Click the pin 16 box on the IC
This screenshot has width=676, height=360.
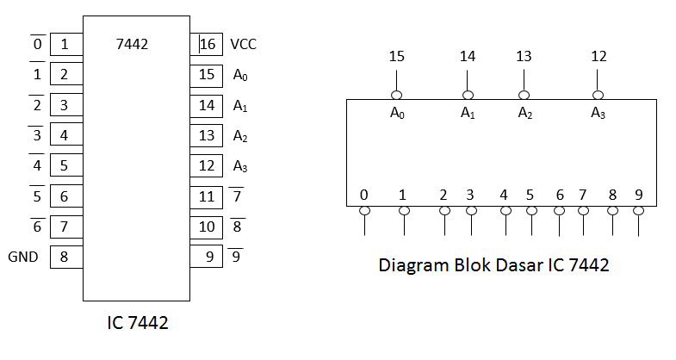click(x=208, y=44)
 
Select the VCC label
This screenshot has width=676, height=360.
click(x=244, y=44)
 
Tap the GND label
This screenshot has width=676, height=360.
click(x=23, y=257)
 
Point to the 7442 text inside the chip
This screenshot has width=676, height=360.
click(x=132, y=44)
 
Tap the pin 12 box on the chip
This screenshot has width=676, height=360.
click(x=208, y=165)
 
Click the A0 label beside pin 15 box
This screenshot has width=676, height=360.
click(x=240, y=75)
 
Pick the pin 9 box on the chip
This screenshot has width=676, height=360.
click(x=208, y=256)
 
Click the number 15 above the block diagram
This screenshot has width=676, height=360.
click(x=396, y=57)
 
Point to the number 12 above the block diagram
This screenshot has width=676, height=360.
click(x=598, y=57)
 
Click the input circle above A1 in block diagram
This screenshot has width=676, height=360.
click(x=468, y=96)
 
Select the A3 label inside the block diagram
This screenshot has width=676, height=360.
click(x=598, y=113)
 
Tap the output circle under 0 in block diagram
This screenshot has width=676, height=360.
click(x=364, y=210)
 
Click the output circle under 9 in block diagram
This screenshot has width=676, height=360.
click(x=638, y=210)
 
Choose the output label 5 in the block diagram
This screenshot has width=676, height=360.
click(x=530, y=195)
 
